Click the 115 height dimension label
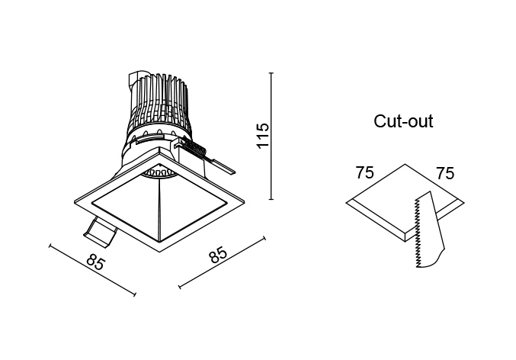tap(263, 136)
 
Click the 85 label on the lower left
tap(96, 263)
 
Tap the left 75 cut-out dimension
tap(365, 173)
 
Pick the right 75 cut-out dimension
tap(445, 173)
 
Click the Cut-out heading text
tap(403, 121)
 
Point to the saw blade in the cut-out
tap(429, 230)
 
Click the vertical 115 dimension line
tap(271, 136)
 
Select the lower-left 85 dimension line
tap(92, 270)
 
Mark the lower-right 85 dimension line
tap(222, 262)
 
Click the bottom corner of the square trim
tap(159, 252)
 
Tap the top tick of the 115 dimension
tap(271, 72)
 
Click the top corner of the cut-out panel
tap(405, 164)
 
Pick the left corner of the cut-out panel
tap(346, 203)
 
